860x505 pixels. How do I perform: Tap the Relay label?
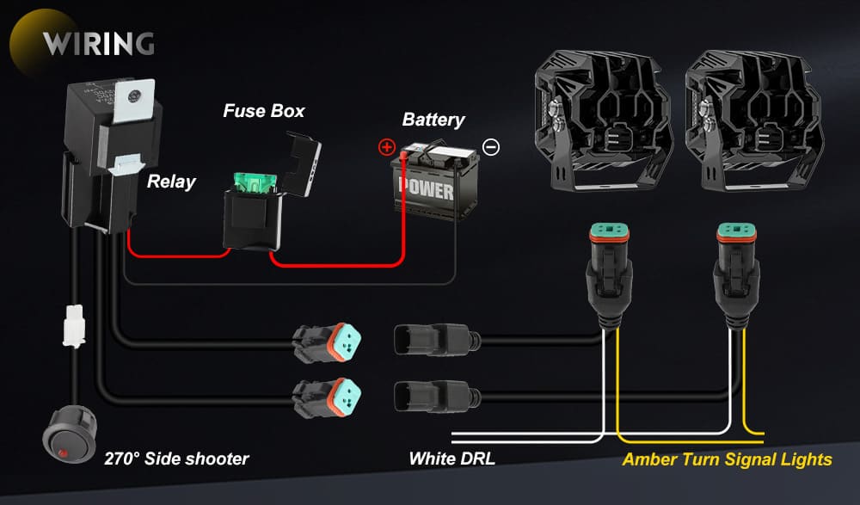pos(171,182)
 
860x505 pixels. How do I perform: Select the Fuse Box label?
pos(263,111)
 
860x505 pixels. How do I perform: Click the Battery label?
pos(433,120)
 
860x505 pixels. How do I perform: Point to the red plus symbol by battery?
pos(386,147)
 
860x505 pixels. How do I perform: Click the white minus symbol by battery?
pos(490,147)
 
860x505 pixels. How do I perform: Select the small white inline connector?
pos(74,327)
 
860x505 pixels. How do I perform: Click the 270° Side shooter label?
pos(176,459)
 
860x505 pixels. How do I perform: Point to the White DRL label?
pos(451,459)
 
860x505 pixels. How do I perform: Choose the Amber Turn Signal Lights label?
pos(727,459)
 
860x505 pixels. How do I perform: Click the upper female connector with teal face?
pos(328,343)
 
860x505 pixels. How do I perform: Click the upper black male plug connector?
pos(434,340)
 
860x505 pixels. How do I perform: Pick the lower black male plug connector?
pos(434,396)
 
